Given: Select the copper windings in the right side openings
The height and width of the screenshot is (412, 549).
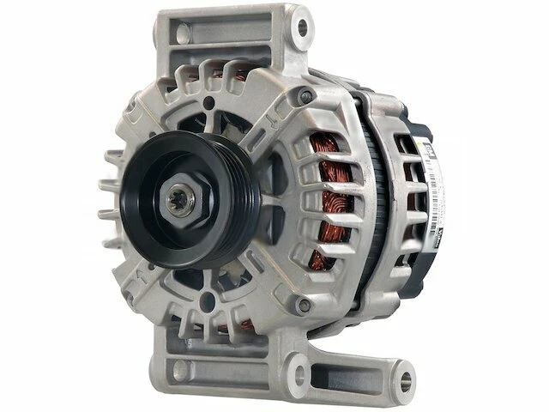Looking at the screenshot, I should [x=330, y=206].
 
